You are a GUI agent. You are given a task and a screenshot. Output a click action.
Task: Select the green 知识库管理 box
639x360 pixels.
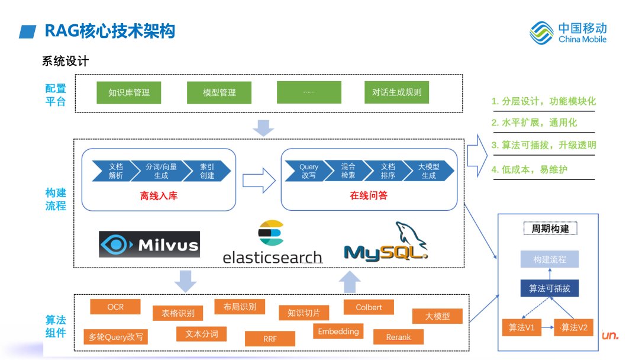pyautogui.click(x=129, y=92)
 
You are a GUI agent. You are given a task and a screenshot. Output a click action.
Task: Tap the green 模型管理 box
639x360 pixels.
pyautogui.click(x=219, y=92)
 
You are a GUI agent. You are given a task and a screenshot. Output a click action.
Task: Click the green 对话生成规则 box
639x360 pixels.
pyautogui.click(x=396, y=92)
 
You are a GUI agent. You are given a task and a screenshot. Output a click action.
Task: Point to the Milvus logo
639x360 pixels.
pyautogui.click(x=150, y=244)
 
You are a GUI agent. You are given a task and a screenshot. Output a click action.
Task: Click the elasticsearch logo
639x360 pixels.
pyautogui.click(x=272, y=243)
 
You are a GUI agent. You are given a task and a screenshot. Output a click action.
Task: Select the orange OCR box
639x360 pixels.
pyautogui.click(x=115, y=307)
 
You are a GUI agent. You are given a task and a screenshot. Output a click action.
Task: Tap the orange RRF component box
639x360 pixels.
pyautogui.click(x=270, y=339)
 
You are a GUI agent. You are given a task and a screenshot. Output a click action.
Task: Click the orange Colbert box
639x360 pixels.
pyautogui.click(x=369, y=307)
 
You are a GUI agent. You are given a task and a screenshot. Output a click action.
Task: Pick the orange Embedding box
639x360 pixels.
pyautogui.click(x=338, y=332)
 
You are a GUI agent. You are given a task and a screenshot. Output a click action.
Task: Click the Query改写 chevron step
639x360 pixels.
pyautogui.click(x=308, y=171)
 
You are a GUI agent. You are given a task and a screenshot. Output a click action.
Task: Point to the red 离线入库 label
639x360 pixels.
pyautogui.click(x=159, y=196)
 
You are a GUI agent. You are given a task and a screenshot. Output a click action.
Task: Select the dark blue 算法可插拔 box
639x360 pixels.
pyautogui.click(x=549, y=288)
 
